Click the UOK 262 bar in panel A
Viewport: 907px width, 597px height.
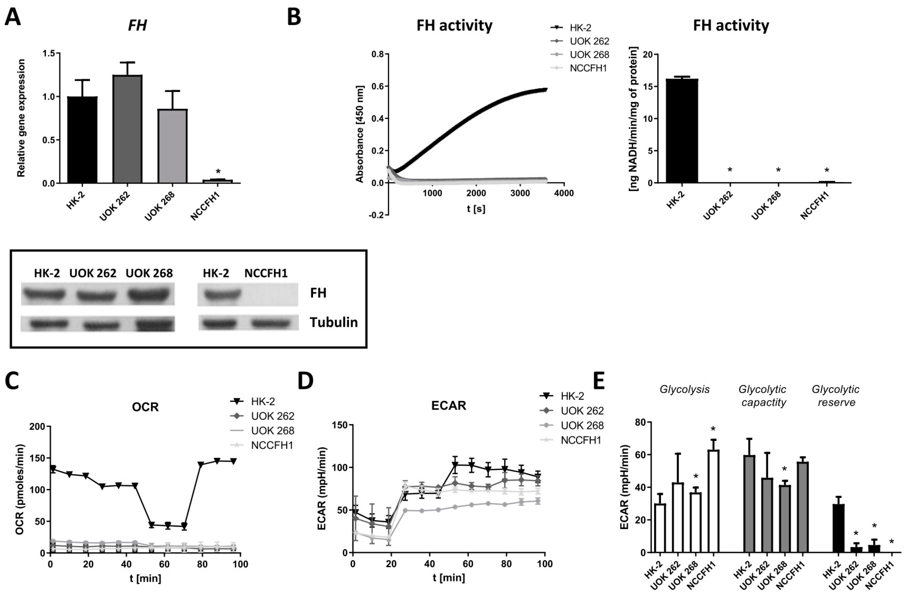click(x=127, y=129)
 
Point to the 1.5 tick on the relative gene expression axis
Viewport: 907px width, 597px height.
click(x=48, y=53)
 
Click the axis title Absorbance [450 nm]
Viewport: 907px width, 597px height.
click(x=359, y=134)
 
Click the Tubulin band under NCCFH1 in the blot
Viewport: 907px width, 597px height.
click(x=271, y=323)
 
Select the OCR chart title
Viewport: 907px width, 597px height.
click(x=145, y=407)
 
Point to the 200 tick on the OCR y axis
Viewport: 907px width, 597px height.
click(x=37, y=426)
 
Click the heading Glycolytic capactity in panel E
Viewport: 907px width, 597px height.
click(x=763, y=396)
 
